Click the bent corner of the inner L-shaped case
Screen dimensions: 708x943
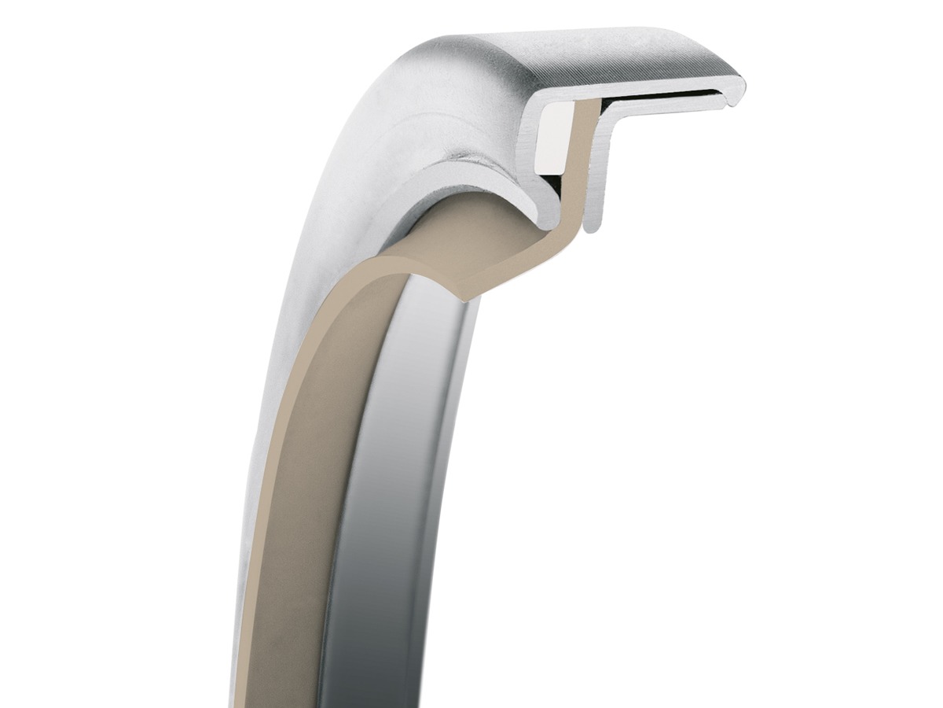click(x=608, y=118)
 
